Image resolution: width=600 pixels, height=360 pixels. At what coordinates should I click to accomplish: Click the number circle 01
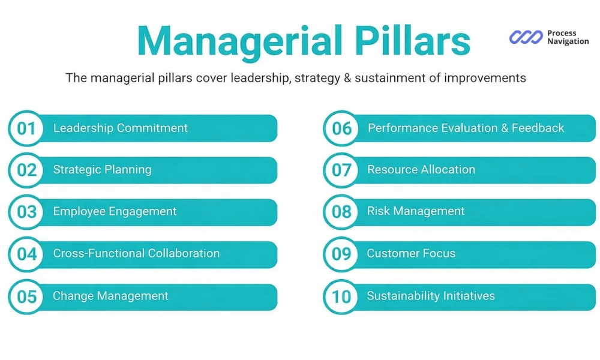[x=26, y=128]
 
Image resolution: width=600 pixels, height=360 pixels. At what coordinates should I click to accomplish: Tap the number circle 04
[x=26, y=254]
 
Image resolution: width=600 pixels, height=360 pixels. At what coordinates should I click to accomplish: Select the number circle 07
[x=341, y=170]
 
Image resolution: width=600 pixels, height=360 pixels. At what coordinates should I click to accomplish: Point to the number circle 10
[x=341, y=296]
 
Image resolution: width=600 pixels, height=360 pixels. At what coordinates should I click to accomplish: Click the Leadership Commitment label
[x=120, y=128]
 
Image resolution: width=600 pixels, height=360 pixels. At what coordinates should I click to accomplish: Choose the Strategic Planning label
[x=102, y=170]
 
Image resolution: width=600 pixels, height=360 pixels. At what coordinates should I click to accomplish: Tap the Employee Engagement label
[x=115, y=211]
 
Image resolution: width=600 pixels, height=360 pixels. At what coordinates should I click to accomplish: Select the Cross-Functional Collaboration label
[x=136, y=253]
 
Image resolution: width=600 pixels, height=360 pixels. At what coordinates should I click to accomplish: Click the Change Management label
[x=110, y=296]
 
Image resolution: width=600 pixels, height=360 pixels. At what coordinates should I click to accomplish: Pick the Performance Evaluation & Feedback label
[x=466, y=128]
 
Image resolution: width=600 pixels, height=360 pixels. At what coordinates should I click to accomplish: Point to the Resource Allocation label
[x=421, y=170]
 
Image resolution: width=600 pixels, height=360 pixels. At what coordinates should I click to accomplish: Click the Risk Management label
[x=416, y=211]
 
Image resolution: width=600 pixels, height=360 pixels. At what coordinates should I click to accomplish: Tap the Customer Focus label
[x=411, y=253]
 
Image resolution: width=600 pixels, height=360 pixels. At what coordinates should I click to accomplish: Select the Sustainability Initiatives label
[x=431, y=296]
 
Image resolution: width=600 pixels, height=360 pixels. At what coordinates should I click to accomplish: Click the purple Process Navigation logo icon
[x=526, y=37]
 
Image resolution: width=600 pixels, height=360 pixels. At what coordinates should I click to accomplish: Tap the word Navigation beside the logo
[x=568, y=41]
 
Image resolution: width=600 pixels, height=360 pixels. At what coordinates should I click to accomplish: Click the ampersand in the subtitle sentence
[x=349, y=78]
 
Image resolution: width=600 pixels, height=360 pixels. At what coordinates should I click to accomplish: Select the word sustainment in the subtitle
[x=388, y=78]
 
